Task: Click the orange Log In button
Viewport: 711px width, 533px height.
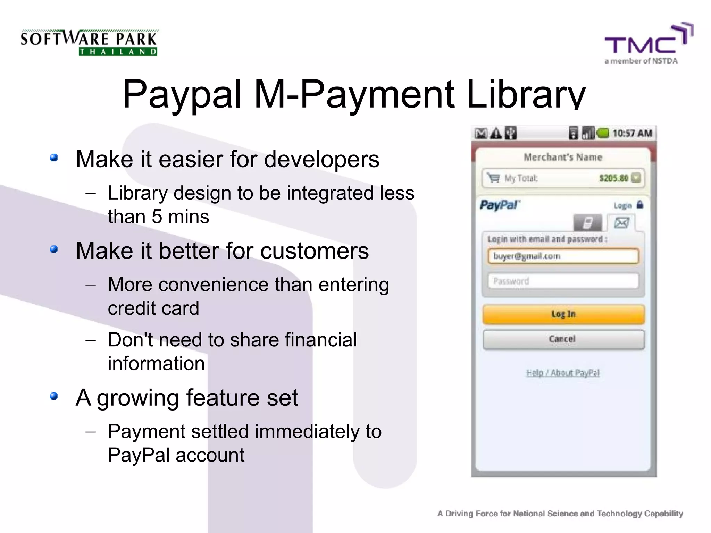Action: [563, 314]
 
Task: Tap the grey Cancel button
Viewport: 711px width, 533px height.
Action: [563, 339]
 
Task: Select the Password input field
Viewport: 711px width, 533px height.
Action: [563, 281]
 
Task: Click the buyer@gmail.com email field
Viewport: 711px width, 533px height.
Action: [563, 256]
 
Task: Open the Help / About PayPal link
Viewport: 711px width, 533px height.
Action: [563, 373]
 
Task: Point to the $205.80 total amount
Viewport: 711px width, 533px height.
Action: [613, 178]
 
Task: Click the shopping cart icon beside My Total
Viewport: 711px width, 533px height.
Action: [493, 178]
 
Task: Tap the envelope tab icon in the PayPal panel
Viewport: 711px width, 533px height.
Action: [621, 222]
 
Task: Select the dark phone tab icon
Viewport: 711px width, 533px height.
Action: [587, 223]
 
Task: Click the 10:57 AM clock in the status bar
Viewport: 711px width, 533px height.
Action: [632, 133]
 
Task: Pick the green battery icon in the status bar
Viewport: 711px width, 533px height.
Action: [603, 133]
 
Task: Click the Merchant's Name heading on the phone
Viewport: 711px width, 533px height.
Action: [563, 157]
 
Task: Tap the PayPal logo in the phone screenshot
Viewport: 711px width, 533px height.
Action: [500, 205]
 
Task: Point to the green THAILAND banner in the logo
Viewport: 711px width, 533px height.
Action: [118, 52]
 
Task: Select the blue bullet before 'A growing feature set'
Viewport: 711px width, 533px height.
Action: [53, 396]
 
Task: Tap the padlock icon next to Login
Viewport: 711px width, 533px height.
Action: [640, 205]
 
